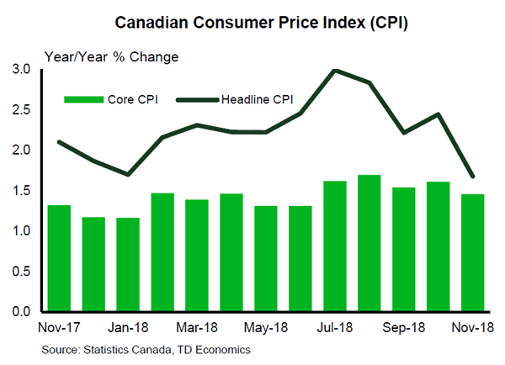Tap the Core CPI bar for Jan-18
click(128, 264)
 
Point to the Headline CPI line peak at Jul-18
click(336, 70)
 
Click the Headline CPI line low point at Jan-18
click(128, 174)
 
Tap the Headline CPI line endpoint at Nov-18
click(473, 177)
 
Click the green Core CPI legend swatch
click(82, 99)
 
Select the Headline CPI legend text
click(258, 99)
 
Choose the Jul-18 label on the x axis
click(335, 325)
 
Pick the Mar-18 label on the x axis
click(197, 325)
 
